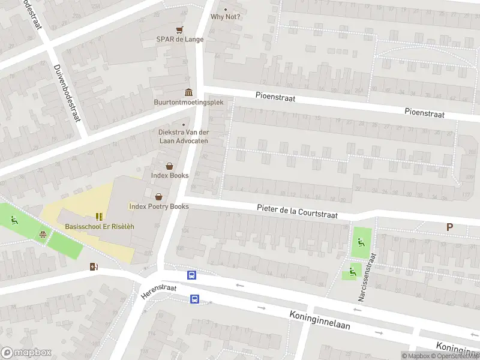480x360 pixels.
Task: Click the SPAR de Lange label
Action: [180, 40]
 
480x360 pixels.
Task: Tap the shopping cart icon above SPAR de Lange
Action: [179, 29]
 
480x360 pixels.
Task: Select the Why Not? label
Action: [226, 16]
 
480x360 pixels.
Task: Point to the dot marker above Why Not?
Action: [226, 9]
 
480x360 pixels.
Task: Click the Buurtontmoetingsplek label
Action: [188, 102]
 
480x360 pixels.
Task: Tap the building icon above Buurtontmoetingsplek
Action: [189, 92]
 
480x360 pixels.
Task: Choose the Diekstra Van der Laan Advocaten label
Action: [183, 136]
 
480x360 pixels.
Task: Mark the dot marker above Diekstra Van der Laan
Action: [184, 125]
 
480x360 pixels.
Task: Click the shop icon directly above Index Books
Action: [170, 166]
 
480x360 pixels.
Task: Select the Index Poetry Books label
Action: [159, 206]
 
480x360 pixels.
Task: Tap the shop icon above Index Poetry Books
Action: [159, 196]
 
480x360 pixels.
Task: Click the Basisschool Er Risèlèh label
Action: [100, 226]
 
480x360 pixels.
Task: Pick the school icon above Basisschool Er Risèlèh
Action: [99, 216]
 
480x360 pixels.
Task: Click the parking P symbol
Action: [449, 227]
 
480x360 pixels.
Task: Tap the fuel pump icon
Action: [93, 266]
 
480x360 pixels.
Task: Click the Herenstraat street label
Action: [159, 292]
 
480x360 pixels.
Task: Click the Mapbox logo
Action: [26, 353]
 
